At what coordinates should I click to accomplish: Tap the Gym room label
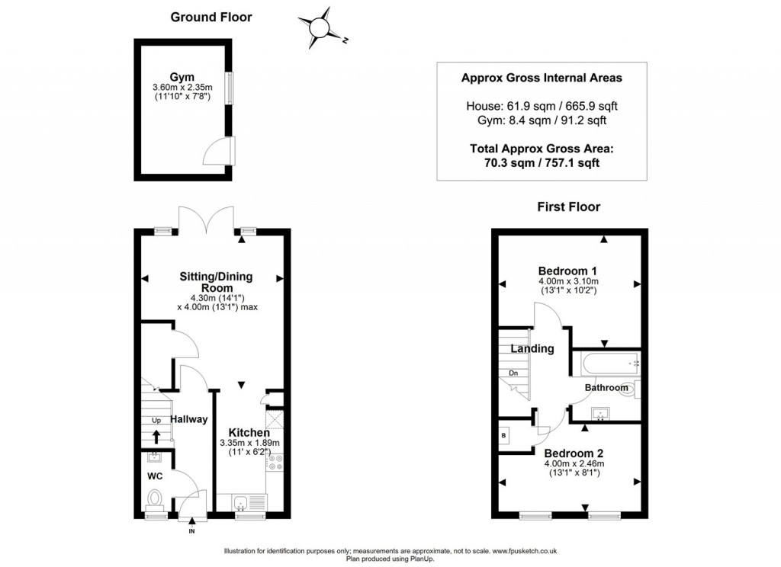click(x=182, y=77)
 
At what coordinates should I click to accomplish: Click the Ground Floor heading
click(x=211, y=17)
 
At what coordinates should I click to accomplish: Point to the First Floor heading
click(x=568, y=207)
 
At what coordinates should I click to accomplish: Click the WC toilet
click(x=155, y=499)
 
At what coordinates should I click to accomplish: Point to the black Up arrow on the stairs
click(x=156, y=436)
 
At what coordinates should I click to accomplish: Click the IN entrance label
click(x=191, y=531)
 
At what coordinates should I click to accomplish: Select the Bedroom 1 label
click(x=567, y=271)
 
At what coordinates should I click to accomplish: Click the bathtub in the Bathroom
click(x=606, y=363)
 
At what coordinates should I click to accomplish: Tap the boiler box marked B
click(x=504, y=435)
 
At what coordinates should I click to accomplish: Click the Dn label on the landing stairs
click(x=514, y=373)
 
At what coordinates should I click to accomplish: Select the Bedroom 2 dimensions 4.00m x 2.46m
click(x=574, y=463)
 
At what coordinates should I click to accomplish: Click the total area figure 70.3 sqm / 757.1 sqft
click(x=542, y=162)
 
